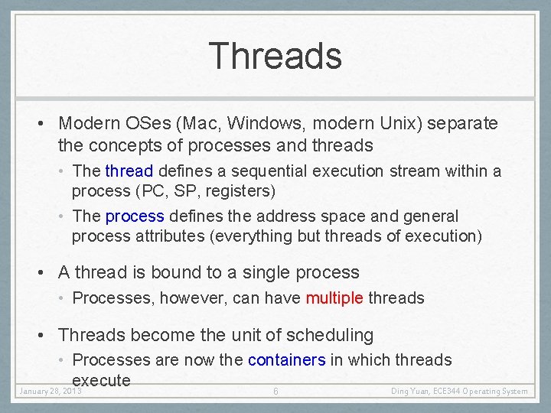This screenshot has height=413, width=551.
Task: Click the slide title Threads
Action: click(x=275, y=56)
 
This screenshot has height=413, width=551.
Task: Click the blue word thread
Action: click(x=129, y=171)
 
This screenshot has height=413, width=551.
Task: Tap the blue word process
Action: click(x=135, y=217)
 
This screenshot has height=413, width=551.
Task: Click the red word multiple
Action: click(x=334, y=298)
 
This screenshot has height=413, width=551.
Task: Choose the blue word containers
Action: click(x=287, y=360)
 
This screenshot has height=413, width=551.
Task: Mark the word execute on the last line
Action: click(x=102, y=380)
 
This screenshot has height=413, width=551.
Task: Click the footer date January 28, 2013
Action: click(x=51, y=392)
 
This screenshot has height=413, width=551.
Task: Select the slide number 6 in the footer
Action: click(x=275, y=392)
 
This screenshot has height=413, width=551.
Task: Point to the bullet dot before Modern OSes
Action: click(x=47, y=124)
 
